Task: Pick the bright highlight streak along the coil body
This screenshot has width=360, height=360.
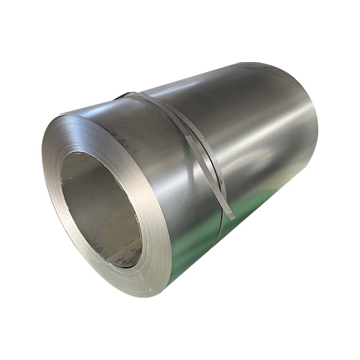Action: click(252, 135)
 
